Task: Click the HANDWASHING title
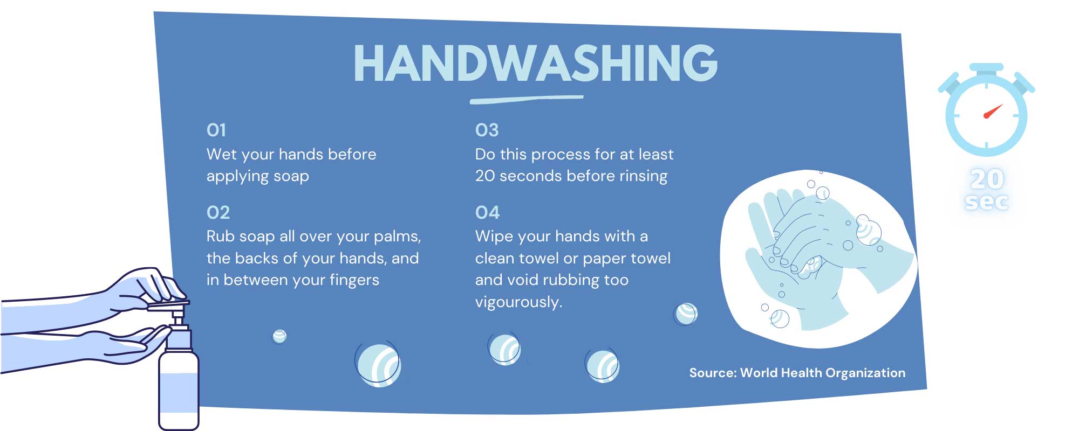tap(535, 63)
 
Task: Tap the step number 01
tap(216, 130)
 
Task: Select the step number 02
tap(218, 212)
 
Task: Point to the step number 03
tap(487, 130)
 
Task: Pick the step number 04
tap(487, 212)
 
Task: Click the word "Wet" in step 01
tap(222, 154)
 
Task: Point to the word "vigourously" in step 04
tap(518, 302)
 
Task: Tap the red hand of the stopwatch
tap(993, 111)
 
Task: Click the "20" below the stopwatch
tap(987, 179)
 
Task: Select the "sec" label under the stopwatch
tap(986, 201)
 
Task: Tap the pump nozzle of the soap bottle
tap(168, 305)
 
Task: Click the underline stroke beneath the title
tap(527, 99)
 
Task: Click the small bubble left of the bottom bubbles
tap(279, 336)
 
